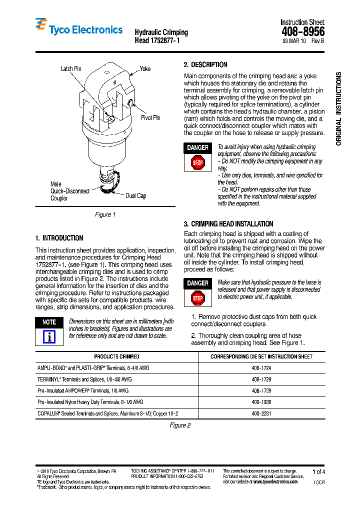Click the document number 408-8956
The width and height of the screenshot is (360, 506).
303,31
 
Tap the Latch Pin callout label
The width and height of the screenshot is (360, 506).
70,68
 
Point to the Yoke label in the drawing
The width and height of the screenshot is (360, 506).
145,68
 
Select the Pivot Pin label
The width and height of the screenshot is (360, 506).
150,117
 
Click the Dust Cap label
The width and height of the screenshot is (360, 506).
135,195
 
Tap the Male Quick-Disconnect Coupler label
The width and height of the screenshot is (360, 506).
70,191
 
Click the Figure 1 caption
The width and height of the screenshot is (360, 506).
105,214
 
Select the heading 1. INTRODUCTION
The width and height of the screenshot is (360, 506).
59,238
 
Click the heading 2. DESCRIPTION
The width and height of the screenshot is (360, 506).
205,64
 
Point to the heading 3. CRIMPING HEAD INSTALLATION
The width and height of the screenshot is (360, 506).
228,224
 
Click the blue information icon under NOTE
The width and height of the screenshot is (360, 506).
49,337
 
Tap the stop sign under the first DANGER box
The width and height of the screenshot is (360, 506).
197,162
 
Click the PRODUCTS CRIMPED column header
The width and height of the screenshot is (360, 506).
116,356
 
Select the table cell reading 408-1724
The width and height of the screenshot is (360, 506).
261,367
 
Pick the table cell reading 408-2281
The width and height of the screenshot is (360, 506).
261,413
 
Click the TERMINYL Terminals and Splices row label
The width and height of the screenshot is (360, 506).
84,379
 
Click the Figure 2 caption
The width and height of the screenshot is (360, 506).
180,425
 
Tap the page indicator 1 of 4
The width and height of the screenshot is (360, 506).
318,471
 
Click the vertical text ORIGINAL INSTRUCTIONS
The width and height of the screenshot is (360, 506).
338,108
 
